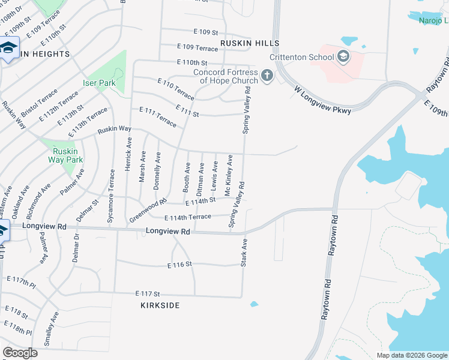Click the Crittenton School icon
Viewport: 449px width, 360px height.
(343, 58)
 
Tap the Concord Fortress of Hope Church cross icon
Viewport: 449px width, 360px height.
(267, 76)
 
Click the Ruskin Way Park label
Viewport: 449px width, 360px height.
(65, 155)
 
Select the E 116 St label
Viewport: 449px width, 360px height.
(179, 264)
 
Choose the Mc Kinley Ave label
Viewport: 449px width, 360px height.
(228, 175)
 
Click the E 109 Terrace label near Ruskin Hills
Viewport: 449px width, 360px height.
(197, 47)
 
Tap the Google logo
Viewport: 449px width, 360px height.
(20, 353)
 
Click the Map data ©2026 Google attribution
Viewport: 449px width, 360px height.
(411, 355)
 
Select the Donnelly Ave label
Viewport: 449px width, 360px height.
(157, 171)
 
